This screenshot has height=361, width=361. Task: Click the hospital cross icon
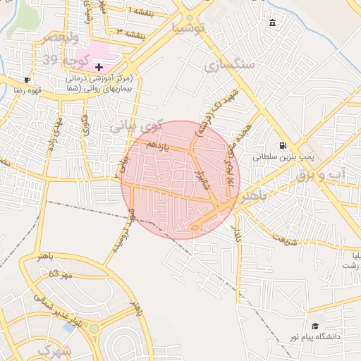click(99, 66)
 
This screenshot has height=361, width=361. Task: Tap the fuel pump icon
click(283, 147)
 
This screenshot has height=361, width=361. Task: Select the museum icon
click(273, 24)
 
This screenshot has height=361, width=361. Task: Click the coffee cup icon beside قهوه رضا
click(27, 80)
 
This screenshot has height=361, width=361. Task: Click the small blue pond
click(69, 327)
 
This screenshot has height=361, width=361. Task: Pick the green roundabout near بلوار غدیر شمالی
click(94, 329)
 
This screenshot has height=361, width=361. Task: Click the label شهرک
click(54, 350)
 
